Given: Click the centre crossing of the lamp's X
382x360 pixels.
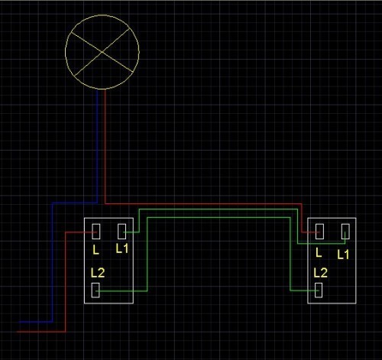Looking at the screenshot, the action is pyautogui.click(x=102, y=52).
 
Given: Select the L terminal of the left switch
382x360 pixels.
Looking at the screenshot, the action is pyautogui.click(x=96, y=232).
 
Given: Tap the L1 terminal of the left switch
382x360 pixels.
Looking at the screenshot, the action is pyautogui.click(x=122, y=232).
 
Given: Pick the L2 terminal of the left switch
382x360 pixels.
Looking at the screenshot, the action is pyautogui.click(x=95, y=290).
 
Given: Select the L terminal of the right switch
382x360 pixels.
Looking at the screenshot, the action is pyautogui.click(x=319, y=232).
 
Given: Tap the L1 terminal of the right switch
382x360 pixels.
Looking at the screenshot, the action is pyautogui.click(x=345, y=232).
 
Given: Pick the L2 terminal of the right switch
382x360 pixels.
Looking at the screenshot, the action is pyautogui.click(x=319, y=290).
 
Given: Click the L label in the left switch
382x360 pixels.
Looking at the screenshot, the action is pyautogui.click(x=95, y=250).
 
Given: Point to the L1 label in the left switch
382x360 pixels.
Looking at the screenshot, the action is pyautogui.click(x=122, y=248).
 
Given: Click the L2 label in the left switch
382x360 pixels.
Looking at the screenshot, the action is pyautogui.click(x=98, y=273).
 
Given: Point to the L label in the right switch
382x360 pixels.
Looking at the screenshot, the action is pyautogui.click(x=319, y=252).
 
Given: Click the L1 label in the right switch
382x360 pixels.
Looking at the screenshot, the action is pyautogui.click(x=343, y=255).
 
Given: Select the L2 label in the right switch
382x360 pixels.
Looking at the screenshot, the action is pyautogui.click(x=320, y=273).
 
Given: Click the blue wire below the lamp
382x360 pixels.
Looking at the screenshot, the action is pyautogui.click(x=97, y=146).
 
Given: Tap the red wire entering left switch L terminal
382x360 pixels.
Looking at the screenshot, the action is pyautogui.click(x=66, y=281).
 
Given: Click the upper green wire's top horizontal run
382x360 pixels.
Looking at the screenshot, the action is pyautogui.click(x=219, y=209).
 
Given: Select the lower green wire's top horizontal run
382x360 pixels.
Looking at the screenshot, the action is pyautogui.click(x=219, y=218).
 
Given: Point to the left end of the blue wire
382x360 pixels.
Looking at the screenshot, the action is pyautogui.click(x=19, y=322).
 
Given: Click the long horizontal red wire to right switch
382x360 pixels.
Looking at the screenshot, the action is pyautogui.click(x=203, y=204).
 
